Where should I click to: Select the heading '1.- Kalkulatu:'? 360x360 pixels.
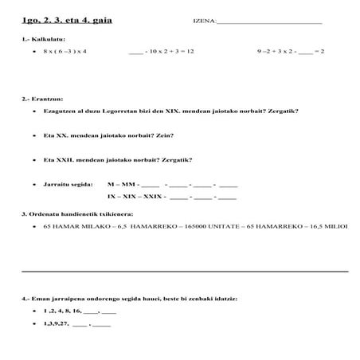tap(44, 38)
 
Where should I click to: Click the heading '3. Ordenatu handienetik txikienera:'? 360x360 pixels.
tap(76, 215)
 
